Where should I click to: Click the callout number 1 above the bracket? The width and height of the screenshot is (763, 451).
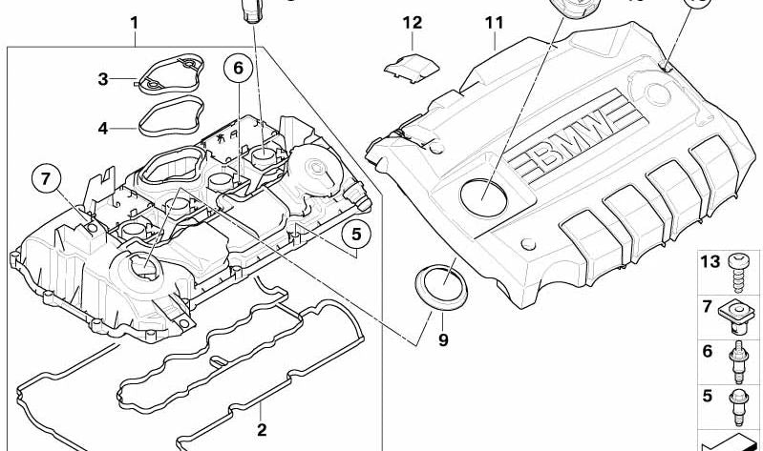click(x=135, y=23)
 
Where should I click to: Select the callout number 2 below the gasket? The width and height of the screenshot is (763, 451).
click(x=262, y=430)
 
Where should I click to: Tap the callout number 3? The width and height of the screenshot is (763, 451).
click(x=103, y=79)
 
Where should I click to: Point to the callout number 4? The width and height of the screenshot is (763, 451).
click(x=103, y=129)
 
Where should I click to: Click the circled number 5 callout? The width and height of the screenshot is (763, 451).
click(x=357, y=235)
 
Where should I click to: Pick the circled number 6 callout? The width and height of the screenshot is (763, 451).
click(x=239, y=68)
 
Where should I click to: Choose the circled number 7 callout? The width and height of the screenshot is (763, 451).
click(x=45, y=179)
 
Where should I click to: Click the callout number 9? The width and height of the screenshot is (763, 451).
click(x=443, y=339)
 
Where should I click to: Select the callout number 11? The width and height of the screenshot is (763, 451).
click(x=494, y=23)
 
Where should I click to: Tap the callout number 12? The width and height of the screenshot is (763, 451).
click(x=413, y=22)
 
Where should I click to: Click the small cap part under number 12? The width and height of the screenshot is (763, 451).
click(x=412, y=69)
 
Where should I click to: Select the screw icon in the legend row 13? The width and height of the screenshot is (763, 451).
click(x=739, y=273)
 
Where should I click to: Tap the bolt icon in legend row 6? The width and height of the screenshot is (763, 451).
click(x=738, y=361)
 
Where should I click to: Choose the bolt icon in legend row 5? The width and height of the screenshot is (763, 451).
click(x=738, y=406)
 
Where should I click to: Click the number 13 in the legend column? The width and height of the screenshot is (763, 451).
click(x=710, y=261)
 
